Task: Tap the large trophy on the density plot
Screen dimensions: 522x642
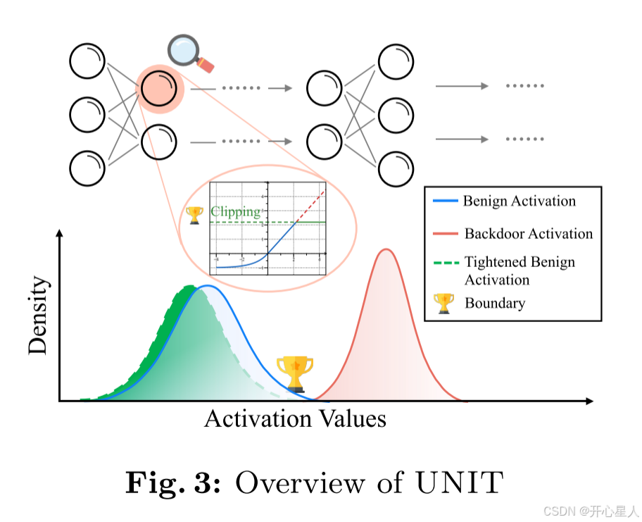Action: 295,373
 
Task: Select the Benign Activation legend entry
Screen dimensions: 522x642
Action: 519,201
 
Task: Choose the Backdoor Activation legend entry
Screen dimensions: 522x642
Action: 528,234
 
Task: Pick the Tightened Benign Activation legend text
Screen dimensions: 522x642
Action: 519,271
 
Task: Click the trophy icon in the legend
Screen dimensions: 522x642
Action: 444,304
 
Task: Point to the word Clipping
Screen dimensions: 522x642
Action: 235,211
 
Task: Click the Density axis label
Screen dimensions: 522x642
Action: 39,315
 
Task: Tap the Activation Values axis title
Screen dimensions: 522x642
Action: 295,419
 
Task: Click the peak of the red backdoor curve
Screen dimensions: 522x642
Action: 385,249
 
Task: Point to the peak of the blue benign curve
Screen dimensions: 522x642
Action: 206,286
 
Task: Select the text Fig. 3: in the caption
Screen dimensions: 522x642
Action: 173,484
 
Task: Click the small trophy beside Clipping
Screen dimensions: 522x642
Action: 194,212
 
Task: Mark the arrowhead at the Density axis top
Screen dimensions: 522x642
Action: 60,233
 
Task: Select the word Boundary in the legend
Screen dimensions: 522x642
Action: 494,304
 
